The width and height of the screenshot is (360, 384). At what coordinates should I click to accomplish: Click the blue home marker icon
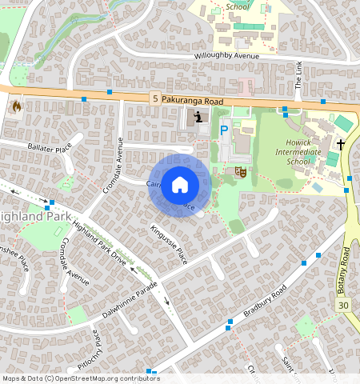click(x=180, y=185)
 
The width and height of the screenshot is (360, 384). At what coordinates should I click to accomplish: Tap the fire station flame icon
click(x=15, y=106)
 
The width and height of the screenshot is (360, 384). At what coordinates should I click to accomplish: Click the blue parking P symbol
click(x=224, y=130)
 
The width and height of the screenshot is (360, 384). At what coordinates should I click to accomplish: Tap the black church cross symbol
click(x=341, y=145)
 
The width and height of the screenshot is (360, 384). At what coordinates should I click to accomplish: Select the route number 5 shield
click(x=154, y=98)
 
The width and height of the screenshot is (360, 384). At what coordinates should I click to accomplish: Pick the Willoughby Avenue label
click(x=227, y=56)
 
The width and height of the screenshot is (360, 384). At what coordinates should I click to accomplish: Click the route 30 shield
click(x=343, y=306)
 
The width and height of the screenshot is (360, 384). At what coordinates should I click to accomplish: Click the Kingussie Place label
click(x=168, y=244)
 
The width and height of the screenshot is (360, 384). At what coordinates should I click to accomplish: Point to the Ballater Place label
click(x=50, y=148)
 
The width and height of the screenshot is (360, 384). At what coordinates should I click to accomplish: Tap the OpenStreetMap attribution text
click(x=81, y=378)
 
